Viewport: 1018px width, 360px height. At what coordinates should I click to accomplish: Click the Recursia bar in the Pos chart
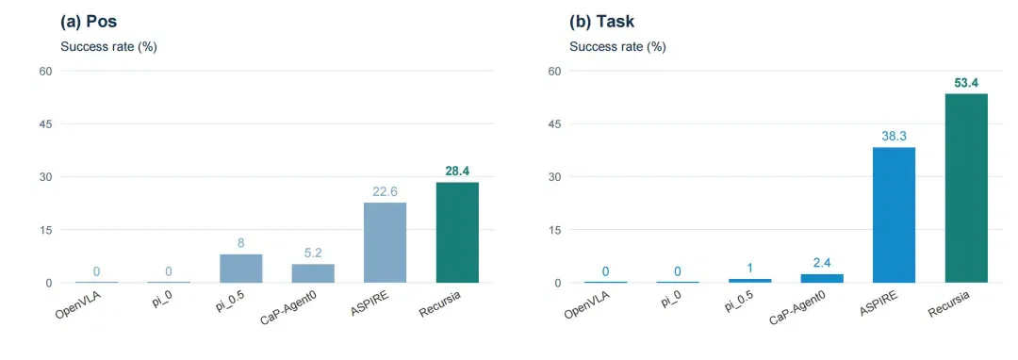point(457,232)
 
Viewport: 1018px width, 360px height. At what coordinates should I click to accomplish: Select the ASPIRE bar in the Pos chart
point(385,242)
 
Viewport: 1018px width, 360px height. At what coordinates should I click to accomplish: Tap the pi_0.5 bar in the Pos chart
point(241,269)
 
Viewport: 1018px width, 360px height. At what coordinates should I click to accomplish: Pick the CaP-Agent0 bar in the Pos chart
point(313,273)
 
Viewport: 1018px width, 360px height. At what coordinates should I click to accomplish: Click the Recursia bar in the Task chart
point(966,188)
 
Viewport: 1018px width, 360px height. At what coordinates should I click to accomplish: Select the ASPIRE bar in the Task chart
point(894,215)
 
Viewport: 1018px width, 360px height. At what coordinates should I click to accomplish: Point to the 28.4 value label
point(457,172)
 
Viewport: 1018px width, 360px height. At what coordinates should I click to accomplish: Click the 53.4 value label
point(966,82)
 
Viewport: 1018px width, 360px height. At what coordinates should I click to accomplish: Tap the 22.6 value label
point(385,191)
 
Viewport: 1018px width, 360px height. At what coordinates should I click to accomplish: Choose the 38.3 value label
point(894,137)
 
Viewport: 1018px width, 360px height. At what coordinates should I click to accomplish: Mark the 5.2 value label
point(313,253)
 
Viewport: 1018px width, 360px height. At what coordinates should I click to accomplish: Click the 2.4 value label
point(822,263)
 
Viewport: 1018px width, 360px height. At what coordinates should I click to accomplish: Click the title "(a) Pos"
point(89,22)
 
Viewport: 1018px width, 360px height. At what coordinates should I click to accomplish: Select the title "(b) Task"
point(601,22)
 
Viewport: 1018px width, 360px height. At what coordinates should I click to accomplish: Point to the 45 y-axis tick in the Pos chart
point(46,123)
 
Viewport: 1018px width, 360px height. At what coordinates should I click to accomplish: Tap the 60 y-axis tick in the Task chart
point(555,70)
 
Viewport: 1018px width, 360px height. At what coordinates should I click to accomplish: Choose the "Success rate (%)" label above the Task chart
point(617,47)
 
